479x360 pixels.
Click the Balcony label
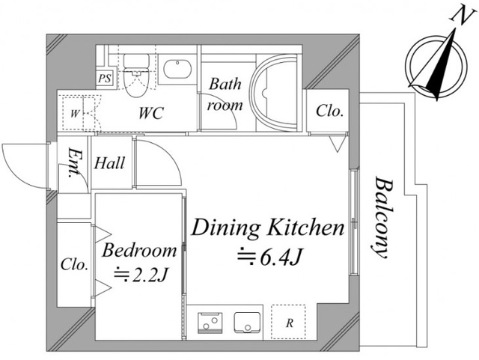coord(381,217)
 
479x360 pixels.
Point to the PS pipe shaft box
coord(105,79)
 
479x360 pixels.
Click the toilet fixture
coord(136,75)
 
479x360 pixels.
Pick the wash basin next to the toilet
coord(177,69)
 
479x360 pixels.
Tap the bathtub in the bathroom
coord(274,93)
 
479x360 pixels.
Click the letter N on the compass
coord(461,14)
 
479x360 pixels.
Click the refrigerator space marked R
coord(288,322)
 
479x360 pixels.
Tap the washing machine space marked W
coord(75,113)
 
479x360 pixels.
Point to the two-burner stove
coord(210,323)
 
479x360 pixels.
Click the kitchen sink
coord(247,323)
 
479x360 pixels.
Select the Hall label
coord(110,163)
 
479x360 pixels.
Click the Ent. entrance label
coord(73,163)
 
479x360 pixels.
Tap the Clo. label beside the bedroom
coord(75,263)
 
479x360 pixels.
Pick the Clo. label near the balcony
coord(330,111)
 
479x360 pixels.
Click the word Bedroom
coord(139,250)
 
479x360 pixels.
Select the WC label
coord(151,113)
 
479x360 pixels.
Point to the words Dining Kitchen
coord(268,228)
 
